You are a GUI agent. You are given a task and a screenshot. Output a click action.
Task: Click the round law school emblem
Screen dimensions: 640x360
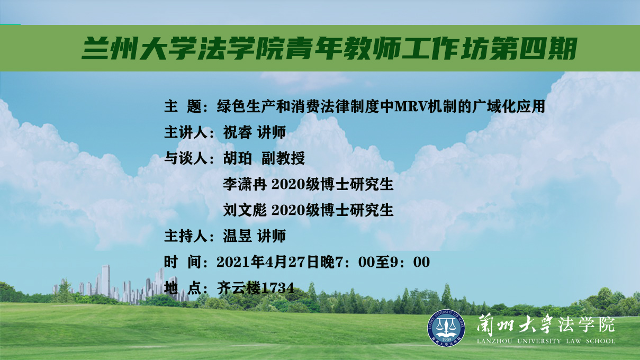(446, 328)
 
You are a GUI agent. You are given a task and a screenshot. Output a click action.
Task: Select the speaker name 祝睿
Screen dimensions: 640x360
(238, 132)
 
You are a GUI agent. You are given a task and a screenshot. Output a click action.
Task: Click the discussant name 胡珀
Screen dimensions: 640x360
(238, 158)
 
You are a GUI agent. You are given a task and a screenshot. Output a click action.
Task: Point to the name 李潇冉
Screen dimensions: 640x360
(245, 184)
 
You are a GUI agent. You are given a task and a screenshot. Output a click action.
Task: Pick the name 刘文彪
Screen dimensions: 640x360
(245, 210)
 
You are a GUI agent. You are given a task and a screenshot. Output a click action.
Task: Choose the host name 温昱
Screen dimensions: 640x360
(238, 236)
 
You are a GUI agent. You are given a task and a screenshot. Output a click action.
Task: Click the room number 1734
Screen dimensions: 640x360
(278, 288)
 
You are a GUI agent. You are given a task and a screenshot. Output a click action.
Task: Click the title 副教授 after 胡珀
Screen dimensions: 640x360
(283, 158)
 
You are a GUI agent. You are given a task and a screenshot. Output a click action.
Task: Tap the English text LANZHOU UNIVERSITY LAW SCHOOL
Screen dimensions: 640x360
(546, 341)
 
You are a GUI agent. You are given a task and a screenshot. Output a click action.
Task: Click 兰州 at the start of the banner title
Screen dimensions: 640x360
(109, 48)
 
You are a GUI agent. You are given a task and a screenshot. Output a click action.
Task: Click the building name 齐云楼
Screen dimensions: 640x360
(239, 288)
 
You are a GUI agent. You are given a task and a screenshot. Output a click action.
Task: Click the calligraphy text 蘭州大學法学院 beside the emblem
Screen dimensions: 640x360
(546, 325)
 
